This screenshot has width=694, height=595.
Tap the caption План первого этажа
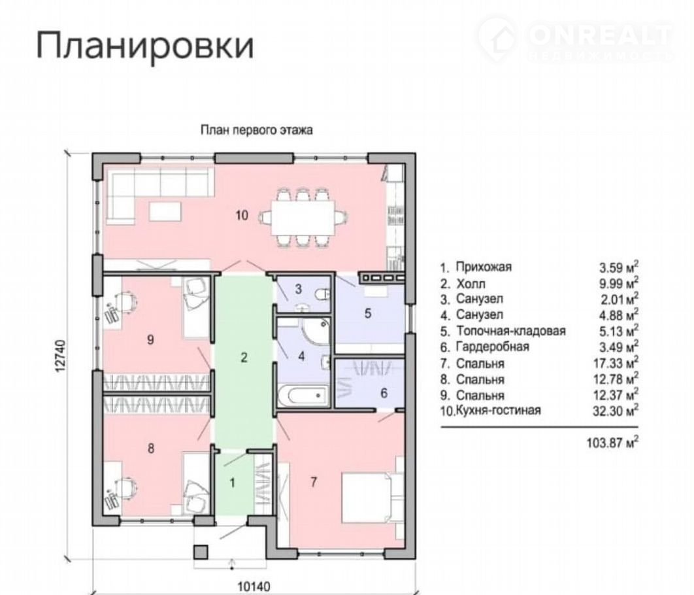[x=257, y=130]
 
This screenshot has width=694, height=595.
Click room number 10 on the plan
[x=242, y=216]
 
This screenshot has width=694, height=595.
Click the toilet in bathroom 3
[x=323, y=294]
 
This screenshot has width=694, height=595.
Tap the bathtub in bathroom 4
[x=303, y=394]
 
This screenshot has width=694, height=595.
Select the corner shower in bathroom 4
[x=316, y=330]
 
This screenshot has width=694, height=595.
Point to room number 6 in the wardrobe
[x=384, y=393]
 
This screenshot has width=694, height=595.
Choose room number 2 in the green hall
[x=244, y=357]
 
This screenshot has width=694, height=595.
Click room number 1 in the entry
[x=233, y=483]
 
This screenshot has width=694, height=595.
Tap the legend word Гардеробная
[x=493, y=347]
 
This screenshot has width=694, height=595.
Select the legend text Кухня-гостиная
[x=498, y=411]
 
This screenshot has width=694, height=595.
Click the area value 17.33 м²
[x=616, y=363]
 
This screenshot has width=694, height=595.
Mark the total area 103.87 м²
[x=612, y=442]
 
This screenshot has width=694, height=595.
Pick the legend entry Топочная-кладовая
[x=511, y=331]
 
